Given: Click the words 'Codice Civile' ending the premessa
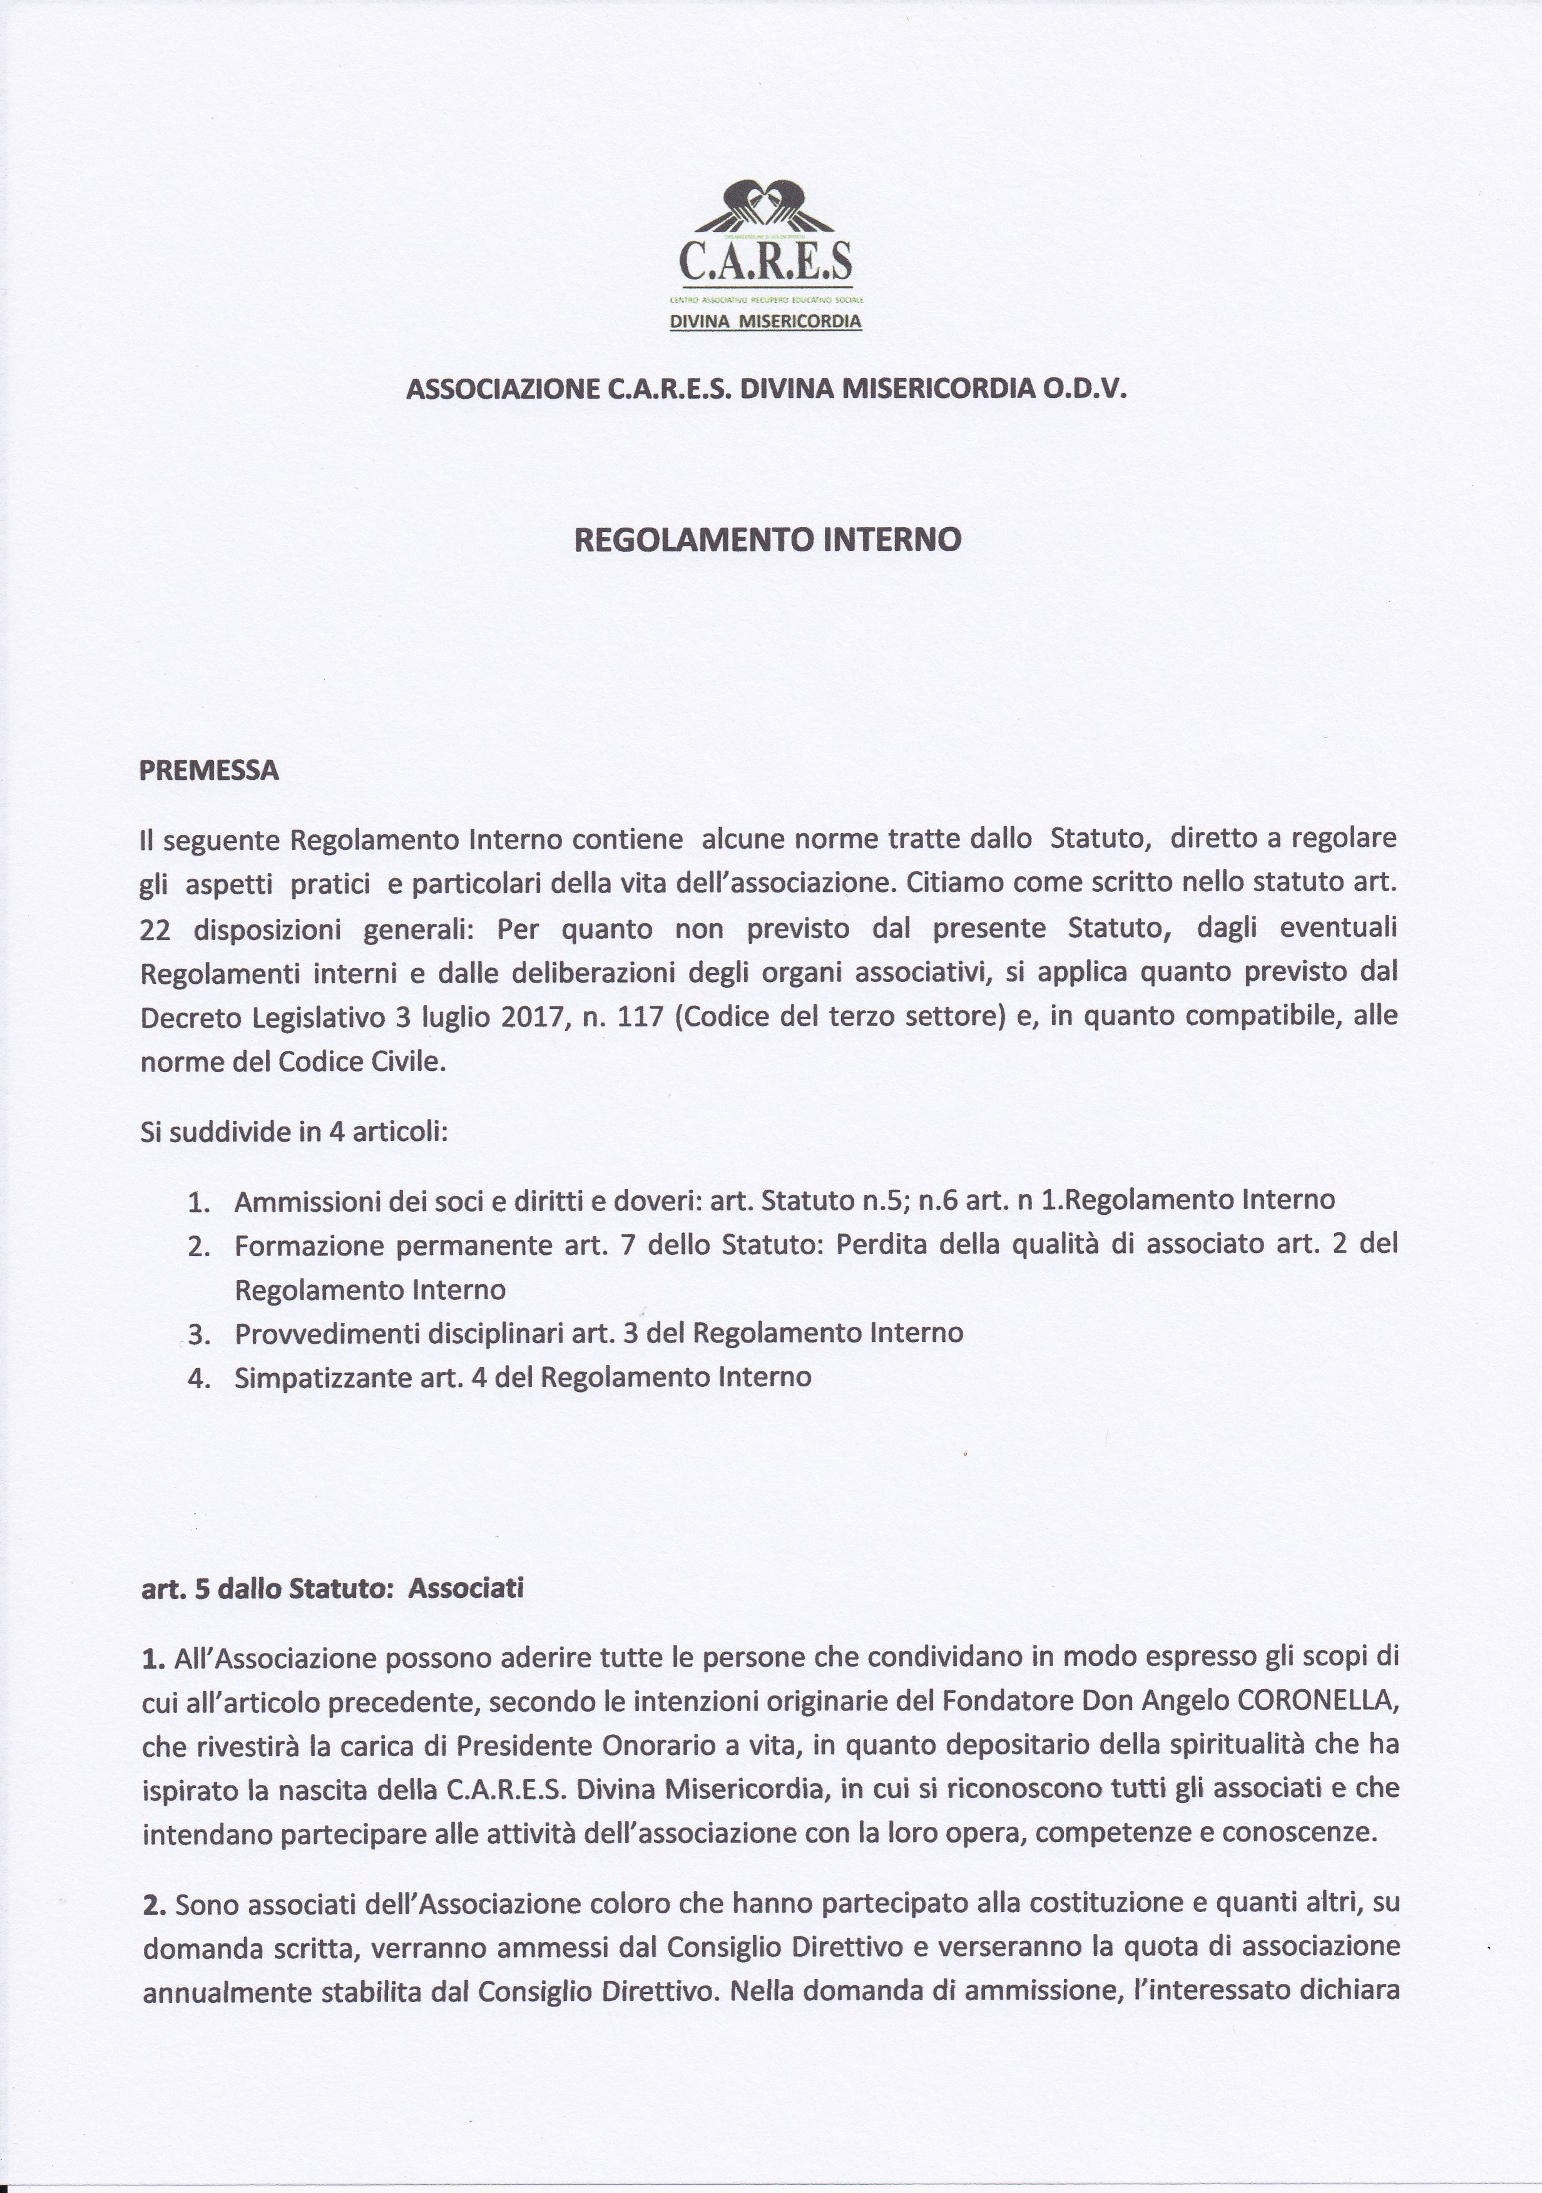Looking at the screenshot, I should pos(361,1062).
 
